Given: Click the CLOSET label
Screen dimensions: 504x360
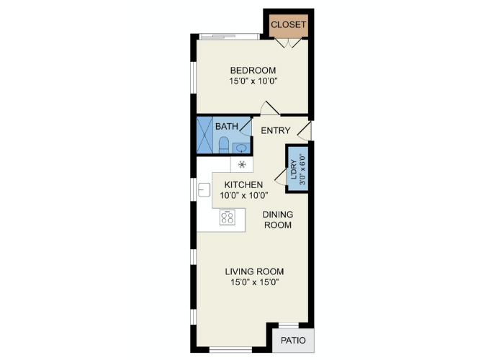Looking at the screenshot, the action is tap(288, 24).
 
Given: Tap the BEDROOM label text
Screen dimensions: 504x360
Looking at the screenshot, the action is tap(253, 71).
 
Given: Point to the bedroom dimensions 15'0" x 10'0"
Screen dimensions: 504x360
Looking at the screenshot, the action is tap(253, 81).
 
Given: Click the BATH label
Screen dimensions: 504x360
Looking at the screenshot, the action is tap(227, 126).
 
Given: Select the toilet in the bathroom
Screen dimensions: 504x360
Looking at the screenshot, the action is tap(224, 145).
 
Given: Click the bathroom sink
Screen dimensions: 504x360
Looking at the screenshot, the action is tap(241, 148).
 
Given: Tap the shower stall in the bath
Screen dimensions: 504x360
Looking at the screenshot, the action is tap(204, 135).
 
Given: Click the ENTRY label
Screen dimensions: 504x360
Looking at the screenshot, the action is tap(276, 130).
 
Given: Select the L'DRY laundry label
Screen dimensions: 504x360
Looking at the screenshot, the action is tap(294, 170).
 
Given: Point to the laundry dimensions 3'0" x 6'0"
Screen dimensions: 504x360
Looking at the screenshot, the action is tap(302, 170).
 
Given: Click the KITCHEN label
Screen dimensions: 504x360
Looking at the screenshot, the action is tap(243, 185).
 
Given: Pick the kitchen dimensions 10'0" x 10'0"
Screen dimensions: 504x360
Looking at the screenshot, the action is tap(243, 195).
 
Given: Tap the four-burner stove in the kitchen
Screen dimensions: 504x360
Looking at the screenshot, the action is tap(228, 217).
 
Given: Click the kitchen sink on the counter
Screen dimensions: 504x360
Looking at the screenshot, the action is tap(204, 189).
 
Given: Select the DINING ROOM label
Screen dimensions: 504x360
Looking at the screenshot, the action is tap(278, 220).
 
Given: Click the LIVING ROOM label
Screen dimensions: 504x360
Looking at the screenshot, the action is tap(254, 271).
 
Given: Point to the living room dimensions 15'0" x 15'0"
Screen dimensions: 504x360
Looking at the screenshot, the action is tap(254, 282).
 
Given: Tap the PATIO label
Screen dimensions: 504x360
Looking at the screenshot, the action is tap(293, 341).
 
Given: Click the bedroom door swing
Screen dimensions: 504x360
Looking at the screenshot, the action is tap(269, 108).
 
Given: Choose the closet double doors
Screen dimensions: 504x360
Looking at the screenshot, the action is tap(288, 43).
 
